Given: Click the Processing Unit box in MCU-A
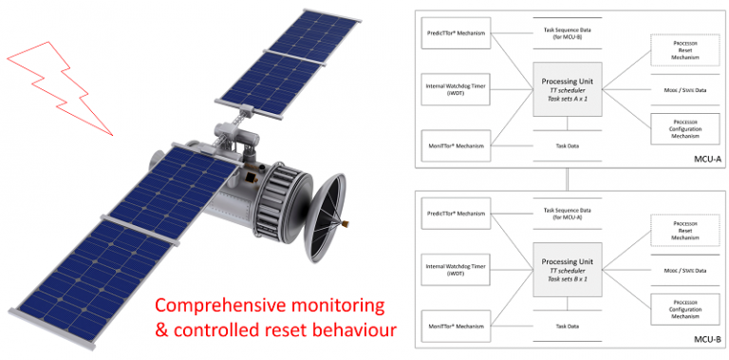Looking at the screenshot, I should [x=567, y=91].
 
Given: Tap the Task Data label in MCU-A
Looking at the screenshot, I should [x=567, y=146].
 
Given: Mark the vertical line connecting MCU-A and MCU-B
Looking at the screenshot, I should [x=566, y=180].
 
